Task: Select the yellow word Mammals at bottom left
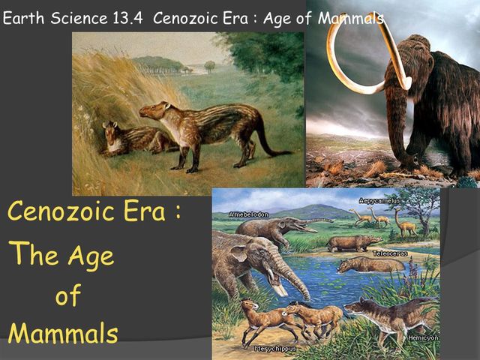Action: coord(63,332)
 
